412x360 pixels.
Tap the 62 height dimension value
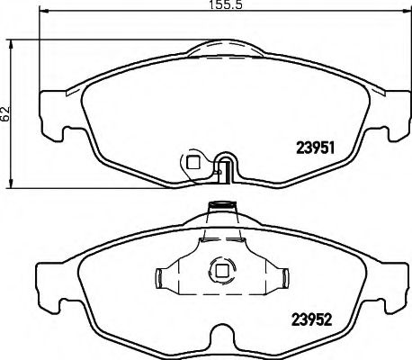(7, 114)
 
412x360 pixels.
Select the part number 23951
(317, 150)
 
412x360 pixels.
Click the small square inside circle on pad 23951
(191, 162)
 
